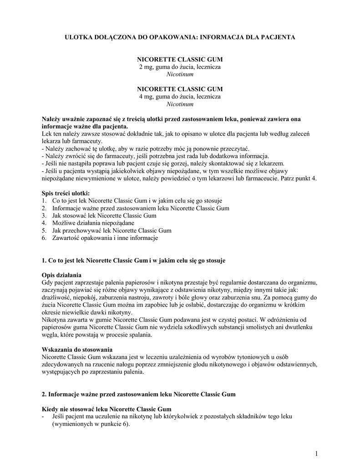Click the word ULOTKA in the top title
pos(77,37)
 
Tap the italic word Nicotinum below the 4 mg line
pos(180,104)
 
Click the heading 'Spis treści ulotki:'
pos(66,193)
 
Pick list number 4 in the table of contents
pos(44,223)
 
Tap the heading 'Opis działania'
pos(61,275)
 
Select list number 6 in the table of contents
pos(44,238)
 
